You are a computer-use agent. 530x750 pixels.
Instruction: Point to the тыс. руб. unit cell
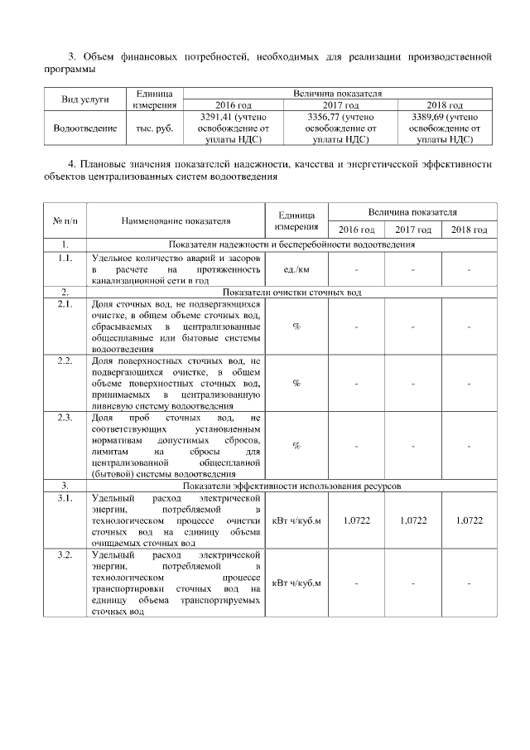pos(153,129)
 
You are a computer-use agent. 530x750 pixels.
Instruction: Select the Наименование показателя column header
pos(176,221)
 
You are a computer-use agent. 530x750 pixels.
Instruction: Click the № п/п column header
pos(65,221)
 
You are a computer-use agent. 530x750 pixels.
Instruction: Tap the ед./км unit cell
pos(296,269)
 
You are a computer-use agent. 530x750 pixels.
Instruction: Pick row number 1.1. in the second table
pos(65,259)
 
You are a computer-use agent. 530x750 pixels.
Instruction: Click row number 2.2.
pos(65,362)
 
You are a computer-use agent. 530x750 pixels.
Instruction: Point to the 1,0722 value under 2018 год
pos(469,520)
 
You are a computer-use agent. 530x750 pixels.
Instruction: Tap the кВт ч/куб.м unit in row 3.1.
pos(296,520)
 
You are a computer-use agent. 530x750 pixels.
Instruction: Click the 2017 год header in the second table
pos(412,230)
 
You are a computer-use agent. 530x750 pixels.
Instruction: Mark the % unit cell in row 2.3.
pos(296,446)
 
